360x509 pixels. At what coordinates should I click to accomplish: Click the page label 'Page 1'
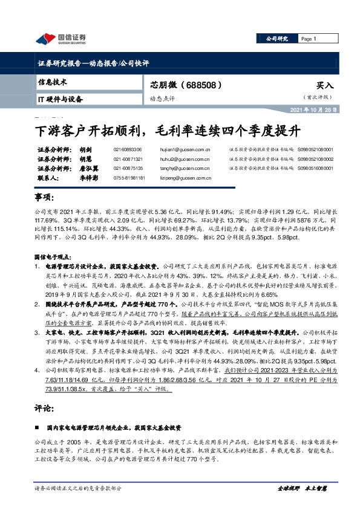(309, 39)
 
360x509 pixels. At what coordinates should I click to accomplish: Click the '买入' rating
(324, 86)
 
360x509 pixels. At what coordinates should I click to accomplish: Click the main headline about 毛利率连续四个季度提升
(167, 129)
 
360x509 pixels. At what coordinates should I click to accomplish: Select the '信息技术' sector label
(53, 82)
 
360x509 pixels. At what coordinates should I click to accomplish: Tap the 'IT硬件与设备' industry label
(60, 99)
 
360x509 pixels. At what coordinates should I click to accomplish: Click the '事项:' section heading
(46, 198)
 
